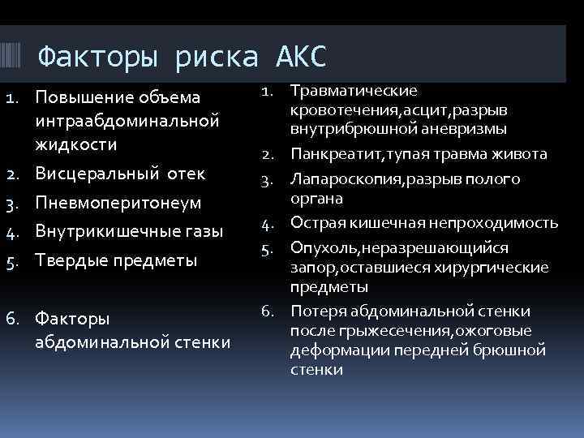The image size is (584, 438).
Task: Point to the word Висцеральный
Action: pos(90,174)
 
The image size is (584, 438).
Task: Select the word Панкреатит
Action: pos(329,154)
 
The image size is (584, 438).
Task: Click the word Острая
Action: pos(312,223)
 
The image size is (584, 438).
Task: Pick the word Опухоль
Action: pos(317,247)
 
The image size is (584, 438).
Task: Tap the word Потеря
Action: pos(313,311)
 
